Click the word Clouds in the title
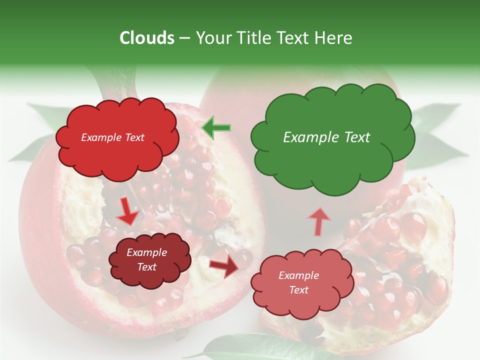147,38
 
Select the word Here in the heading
333,38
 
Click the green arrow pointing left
216,128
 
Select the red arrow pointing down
127,211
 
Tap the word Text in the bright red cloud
133,137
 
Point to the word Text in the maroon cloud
147,267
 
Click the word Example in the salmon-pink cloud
298,275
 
